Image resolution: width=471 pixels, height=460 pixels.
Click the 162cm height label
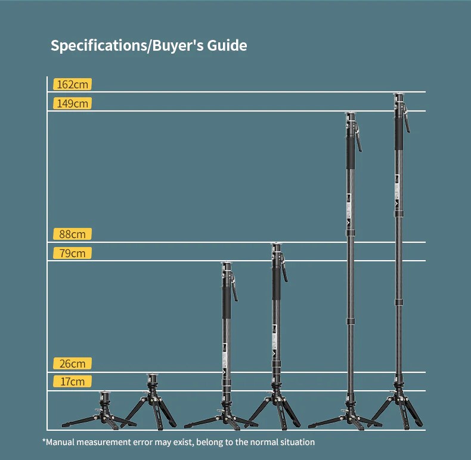73,84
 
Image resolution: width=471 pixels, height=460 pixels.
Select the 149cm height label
73,103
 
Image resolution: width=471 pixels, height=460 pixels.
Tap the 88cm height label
73,234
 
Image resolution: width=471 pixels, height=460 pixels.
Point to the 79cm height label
73,253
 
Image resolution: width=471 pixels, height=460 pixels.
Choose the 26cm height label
73,363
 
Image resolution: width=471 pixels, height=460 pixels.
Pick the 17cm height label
73,381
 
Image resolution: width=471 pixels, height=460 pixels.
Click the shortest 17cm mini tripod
100,412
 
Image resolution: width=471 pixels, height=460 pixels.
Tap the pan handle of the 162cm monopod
407,121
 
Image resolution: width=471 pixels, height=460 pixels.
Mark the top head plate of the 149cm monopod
351,114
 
